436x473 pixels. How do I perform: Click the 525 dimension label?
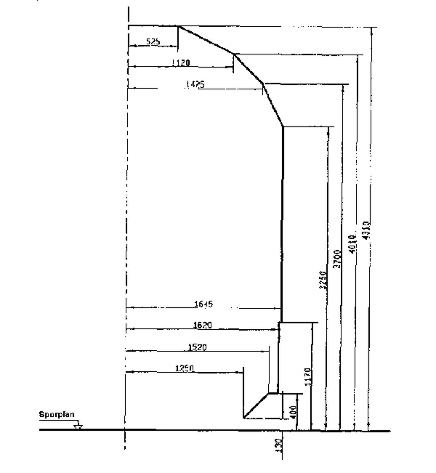point(153,42)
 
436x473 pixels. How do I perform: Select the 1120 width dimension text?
point(181,63)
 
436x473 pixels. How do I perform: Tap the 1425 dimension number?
point(195,85)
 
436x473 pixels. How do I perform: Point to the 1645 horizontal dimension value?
point(203,304)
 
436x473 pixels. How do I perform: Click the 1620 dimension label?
point(202,325)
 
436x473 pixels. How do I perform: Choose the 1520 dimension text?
point(197,347)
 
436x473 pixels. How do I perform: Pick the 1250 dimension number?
point(184,368)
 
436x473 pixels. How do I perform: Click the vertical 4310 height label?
point(367,231)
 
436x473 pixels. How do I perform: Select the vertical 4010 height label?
point(352,244)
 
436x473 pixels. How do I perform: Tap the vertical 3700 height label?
point(337,259)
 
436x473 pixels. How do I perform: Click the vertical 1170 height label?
point(308,377)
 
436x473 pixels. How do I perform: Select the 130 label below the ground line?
point(278,445)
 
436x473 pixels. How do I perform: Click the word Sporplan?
point(57,415)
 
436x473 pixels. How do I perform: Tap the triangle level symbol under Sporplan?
point(78,427)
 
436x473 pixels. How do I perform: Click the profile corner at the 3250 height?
point(283,126)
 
